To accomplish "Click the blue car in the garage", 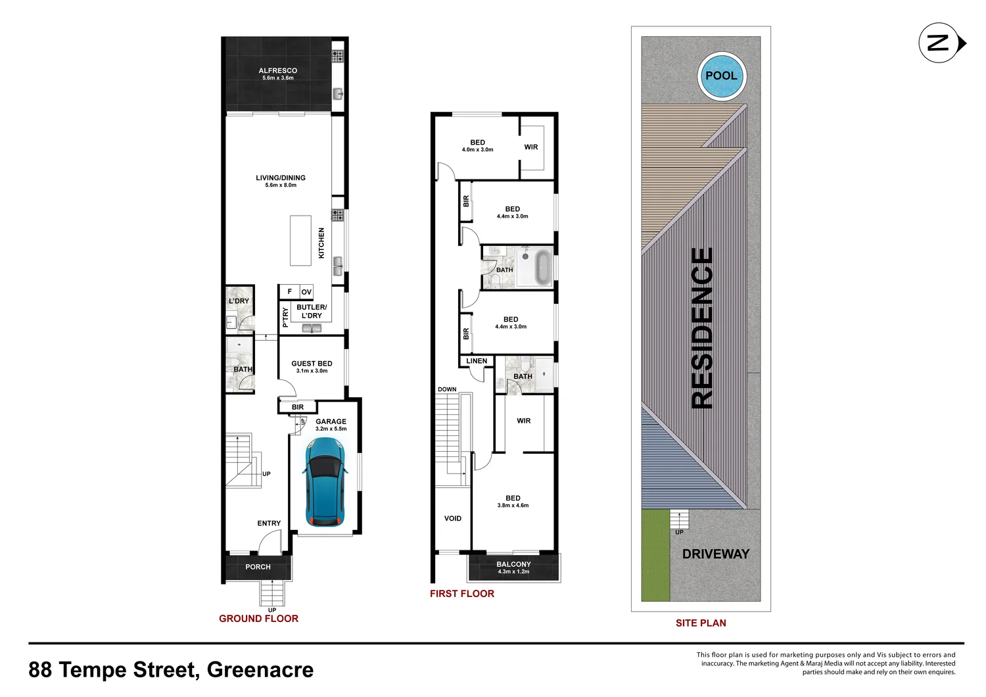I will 324,482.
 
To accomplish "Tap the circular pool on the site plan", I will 721,76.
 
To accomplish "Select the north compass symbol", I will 941,43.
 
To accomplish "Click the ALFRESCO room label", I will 277,70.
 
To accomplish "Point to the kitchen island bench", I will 301,241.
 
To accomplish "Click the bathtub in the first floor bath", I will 543,267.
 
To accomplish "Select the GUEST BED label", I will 312,363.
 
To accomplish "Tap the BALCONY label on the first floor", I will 513,564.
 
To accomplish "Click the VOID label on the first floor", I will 452,518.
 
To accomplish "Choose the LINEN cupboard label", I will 477,361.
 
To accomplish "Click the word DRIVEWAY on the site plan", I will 715,554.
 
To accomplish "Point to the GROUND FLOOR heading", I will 258,619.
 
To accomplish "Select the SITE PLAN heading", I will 701,623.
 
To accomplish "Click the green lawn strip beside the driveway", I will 655,556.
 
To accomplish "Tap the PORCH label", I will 258,567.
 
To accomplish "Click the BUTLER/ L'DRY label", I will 312,311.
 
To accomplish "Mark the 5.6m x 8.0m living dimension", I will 281,185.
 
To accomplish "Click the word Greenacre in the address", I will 260,669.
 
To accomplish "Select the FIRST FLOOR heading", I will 461,594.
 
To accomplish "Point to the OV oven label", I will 306,292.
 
